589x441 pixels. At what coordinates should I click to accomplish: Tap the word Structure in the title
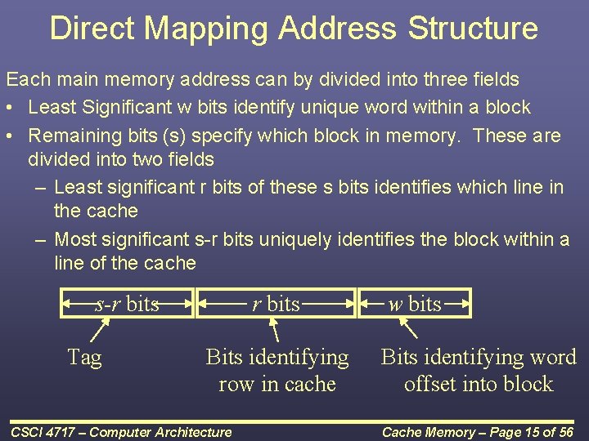click(473, 28)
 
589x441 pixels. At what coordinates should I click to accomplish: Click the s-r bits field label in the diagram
click(128, 305)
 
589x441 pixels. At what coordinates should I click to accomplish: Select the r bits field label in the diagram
click(276, 305)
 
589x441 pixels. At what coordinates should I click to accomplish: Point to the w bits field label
click(415, 305)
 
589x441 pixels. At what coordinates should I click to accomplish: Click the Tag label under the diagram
click(84, 357)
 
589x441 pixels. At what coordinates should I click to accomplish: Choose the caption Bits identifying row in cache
click(277, 370)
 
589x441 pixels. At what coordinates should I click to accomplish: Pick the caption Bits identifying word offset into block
click(479, 370)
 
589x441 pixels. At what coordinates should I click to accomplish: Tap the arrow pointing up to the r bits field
click(275, 331)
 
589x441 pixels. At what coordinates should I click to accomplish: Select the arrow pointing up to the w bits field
click(408, 330)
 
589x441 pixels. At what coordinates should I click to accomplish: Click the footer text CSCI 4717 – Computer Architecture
click(121, 432)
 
